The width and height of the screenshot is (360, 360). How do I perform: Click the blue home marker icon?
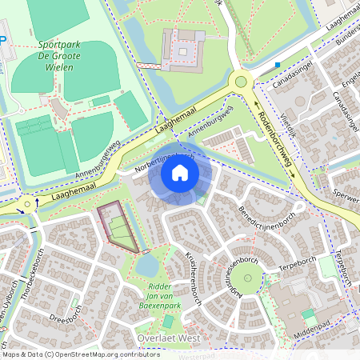tap(180, 173)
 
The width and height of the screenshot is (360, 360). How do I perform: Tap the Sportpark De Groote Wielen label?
tap(57, 57)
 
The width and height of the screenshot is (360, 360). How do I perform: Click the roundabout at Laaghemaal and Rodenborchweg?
tap(240, 81)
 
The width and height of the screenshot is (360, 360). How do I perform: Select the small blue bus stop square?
tap(278, 64)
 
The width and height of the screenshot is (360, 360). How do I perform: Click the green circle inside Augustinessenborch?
tap(247, 280)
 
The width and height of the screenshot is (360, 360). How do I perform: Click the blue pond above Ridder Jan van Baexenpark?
tap(149, 263)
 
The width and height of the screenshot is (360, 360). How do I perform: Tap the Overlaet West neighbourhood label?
tap(168, 338)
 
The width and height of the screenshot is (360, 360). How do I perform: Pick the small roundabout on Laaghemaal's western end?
tap(29, 205)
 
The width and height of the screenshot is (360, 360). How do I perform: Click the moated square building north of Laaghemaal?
tap(184, 50)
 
